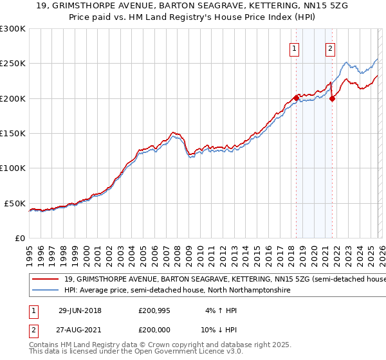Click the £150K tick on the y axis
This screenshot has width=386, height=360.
point(13,133)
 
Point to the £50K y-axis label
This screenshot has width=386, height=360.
point(15,203)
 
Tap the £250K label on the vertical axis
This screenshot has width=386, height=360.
point(13,64)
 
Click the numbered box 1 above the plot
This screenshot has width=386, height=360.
point(294,48)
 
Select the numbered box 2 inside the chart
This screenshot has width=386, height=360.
point(330,48)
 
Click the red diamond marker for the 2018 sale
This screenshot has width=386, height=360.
point(296,98)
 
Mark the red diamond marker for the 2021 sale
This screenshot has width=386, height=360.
point(332,98)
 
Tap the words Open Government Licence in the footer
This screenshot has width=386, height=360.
point(170,352)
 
